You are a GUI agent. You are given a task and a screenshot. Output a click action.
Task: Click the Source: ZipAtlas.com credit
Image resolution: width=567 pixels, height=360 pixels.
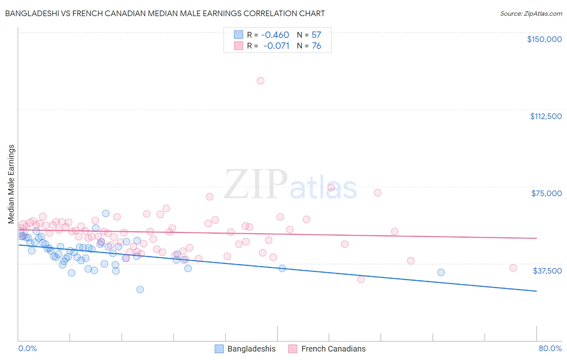click(x=531, y=14)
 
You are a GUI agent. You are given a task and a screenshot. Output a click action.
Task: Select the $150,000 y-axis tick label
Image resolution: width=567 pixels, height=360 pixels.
click(x=544, y=39)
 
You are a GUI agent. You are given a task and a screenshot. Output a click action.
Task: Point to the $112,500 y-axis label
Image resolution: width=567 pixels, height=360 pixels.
click(x=546, y=116)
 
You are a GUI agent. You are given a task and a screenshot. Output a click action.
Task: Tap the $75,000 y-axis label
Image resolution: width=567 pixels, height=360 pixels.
click(x=546, y=193)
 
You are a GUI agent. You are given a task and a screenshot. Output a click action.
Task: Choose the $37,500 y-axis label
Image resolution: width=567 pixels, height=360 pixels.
click(x=547, y=271)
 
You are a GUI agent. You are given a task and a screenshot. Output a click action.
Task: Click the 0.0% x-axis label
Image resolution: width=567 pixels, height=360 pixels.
click(x=27, y=348)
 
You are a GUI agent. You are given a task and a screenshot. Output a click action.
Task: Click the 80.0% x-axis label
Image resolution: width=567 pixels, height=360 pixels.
click(x=550, y=348)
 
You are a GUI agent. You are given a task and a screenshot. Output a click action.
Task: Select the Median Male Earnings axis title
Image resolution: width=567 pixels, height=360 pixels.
click(x=11, y=184)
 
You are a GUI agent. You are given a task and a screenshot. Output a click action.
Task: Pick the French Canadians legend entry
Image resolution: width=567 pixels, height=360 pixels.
click(x=327, y=349)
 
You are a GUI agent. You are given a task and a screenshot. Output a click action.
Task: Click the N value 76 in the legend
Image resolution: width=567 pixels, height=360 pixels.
click(x=317, y=46)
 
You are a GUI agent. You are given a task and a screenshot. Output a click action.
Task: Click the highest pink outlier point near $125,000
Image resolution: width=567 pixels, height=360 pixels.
click(x=261, y=81)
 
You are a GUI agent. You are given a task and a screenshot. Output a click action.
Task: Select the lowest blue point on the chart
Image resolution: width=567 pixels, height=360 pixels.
click(x=140, y=289)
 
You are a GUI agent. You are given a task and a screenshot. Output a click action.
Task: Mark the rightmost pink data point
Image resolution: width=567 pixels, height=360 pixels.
click(x=513, y=268)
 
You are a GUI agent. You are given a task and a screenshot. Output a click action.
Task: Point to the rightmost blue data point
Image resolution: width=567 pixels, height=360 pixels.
click(x=441, y=272)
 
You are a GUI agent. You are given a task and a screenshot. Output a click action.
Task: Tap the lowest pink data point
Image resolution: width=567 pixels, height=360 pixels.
click(x=361, y=279)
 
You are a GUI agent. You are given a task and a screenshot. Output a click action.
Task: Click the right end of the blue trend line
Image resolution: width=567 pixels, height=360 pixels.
click(x=536, y=291)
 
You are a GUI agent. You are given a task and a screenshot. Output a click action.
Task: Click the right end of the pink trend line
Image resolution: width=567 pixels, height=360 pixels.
click(x=536, y=238)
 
